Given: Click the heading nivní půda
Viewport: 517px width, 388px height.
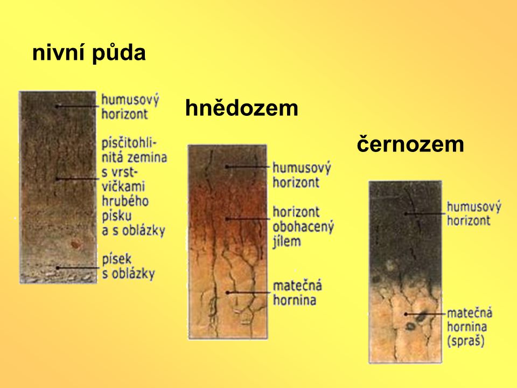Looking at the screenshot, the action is (x=89, y=53).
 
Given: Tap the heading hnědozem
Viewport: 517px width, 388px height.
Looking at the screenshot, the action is (x=242, y=108).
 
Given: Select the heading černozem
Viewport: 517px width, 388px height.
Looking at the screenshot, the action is (x=410, y=144).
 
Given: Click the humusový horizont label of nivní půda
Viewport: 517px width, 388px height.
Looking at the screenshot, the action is (x=130, y=107).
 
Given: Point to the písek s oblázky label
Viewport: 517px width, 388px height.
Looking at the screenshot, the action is (x=128, y=267).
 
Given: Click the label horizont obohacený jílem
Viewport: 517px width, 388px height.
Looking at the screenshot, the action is (x=303, y=227).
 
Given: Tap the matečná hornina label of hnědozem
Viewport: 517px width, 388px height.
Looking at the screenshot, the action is (x=297, y=293).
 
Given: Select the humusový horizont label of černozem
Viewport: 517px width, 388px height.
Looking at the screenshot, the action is (x=474, y=213).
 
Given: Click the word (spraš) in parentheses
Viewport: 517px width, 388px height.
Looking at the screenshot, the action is (x=466, y=341).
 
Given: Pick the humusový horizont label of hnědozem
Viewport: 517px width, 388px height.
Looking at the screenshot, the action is (x=302, y=175).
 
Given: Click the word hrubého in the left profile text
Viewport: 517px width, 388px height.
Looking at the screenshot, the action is (x=125, y=201).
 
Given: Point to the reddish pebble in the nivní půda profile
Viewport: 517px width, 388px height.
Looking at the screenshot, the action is (x=75, y=245).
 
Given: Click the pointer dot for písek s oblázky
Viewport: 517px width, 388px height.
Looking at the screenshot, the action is (x=58, y=268).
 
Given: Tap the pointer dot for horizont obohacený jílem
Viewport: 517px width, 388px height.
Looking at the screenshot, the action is (x=227, y=219).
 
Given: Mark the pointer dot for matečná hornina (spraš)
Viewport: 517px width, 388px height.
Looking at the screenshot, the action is (x=406, y=314).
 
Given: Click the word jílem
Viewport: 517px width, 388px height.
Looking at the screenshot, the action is (x=287, y=241).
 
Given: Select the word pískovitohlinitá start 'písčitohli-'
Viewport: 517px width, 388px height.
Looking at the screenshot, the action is (x=129, y=143).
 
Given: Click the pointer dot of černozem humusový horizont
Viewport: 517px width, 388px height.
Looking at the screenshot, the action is (x=407, y=214).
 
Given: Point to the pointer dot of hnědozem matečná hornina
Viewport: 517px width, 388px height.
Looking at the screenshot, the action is (x=227, y=293).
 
